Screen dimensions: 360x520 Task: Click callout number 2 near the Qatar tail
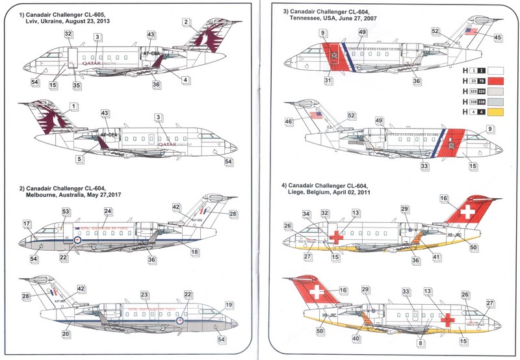click(187, 22)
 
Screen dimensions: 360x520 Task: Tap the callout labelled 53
click(66, 212)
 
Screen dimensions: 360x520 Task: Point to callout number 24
click(108, 211)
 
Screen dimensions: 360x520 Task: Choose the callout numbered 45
click(498, 37)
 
